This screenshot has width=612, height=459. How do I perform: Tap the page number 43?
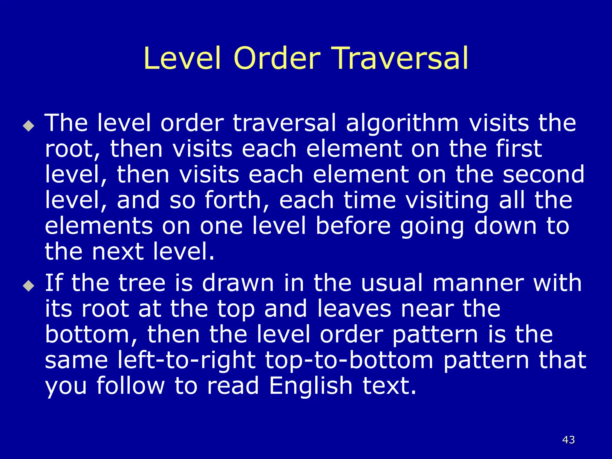[568, 440]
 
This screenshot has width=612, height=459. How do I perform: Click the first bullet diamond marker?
[29, 126]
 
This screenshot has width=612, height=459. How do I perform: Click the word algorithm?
[402, 123]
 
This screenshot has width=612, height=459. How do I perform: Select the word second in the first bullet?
[544, 174]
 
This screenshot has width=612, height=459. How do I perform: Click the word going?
[432, 227]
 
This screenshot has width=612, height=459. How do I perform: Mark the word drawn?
[238, 283]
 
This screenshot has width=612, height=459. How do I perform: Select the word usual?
[392, 283]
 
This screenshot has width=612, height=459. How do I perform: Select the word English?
[311, 386]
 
